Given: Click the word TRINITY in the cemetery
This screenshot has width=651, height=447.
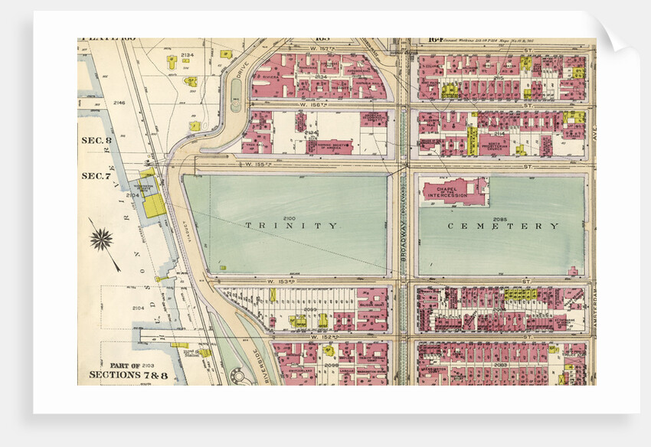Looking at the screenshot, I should coord(291,226).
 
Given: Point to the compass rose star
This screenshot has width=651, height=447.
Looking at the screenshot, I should coord(101,240).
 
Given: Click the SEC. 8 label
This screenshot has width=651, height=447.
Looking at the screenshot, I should coord(97,140).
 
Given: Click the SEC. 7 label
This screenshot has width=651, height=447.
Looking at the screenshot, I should coord(97,175).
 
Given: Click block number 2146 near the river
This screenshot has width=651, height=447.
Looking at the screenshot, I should coord(119,102).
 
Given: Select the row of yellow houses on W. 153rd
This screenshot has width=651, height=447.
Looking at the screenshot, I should coord(521,294).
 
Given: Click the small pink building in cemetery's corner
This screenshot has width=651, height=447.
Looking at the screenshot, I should coord(573,270).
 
